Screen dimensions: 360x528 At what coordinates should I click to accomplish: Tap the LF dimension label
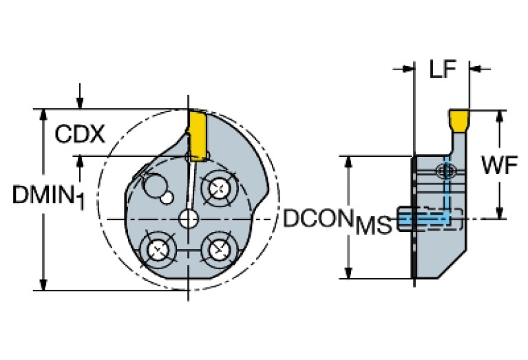pyautogui.click(x=443, y=69)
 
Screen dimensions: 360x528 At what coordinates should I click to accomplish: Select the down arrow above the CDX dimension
pyautogui.click(x=81, y=103)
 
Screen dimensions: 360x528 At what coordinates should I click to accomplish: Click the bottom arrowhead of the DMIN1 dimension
pyautogui.click(x=44, y=284)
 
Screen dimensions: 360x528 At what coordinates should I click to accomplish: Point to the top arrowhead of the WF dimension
pyautogui.click(x=499, y=114)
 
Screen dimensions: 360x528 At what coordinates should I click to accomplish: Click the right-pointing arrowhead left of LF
pyautogui.click(x=408, y=68)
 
